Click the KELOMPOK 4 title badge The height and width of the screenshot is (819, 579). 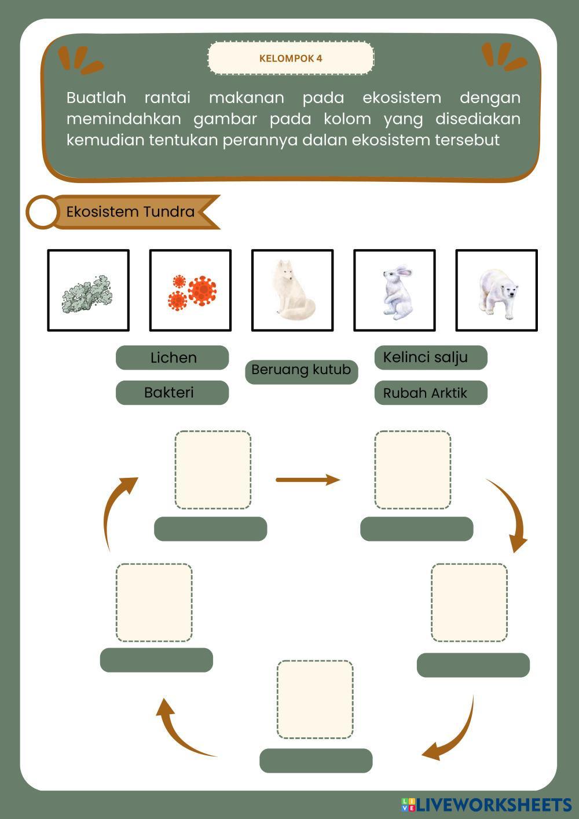click(x=291, y=58)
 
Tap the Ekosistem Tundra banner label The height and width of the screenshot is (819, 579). click(x=130, y=211)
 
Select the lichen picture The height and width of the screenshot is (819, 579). click(x=88, y=290)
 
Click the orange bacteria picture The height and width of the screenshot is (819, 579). click(x=190, y=290)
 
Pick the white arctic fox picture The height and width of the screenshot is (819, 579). click(x=292, y=290)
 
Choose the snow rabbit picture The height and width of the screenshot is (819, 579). click(x=394, y=290)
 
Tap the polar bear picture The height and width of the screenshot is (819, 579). click(x=496, y=290)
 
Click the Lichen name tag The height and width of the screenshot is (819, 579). click(x=172, y=357)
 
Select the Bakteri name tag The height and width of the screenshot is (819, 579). click(x=172, y=392)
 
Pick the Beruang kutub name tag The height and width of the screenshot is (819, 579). click(x=301, y=372)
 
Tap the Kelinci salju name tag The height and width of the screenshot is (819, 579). click(x=431, y=357)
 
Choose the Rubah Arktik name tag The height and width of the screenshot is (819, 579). click(x=431, y=392)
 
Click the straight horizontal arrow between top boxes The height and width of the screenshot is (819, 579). click(x=308, y=480)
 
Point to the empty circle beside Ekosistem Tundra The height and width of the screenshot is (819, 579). click(x=42, y=211)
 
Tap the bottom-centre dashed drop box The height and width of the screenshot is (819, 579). click(x=315, y=699)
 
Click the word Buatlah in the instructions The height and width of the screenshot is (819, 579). click(x=96, y=98)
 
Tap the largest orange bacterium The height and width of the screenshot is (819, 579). click(x=202, y=291)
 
